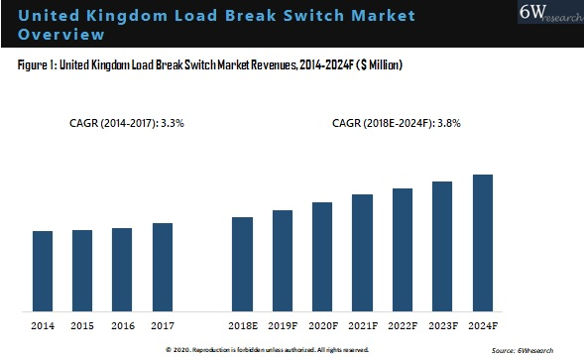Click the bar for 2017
point(163,267)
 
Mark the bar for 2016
point(122,270)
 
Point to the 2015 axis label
point(82,324)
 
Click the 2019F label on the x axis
point(283,324)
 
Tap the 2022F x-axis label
point(402,324)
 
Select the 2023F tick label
point(442,324)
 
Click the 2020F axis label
point(322,324)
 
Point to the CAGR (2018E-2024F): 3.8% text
point(397,124)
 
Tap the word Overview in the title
point(59,35)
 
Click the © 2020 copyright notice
point(268,350)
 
